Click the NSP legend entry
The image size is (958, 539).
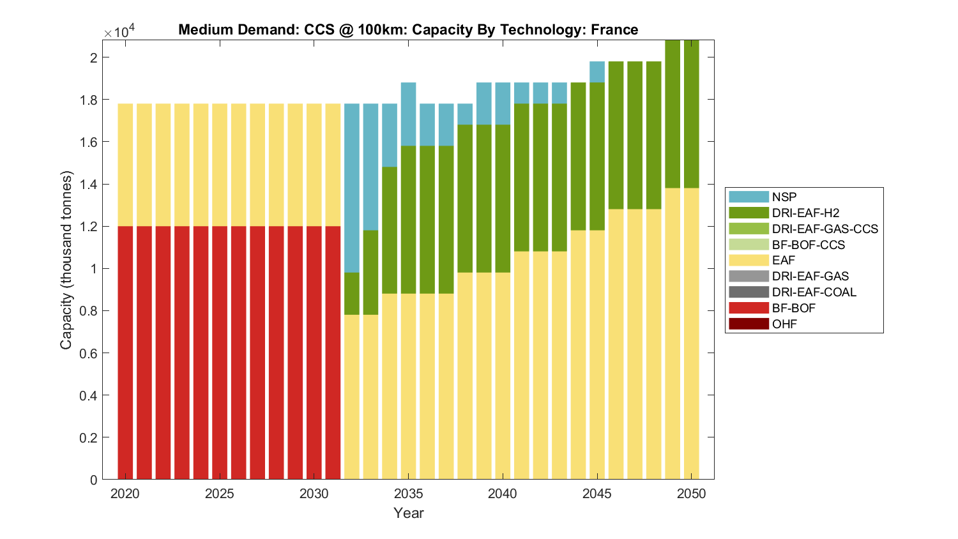pyautogui.click(x=784, y=197)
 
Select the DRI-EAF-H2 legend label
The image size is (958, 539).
pyautogui.click(x=805, y=213)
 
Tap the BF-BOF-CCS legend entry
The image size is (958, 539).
pyautogui.click(x=808, y=245)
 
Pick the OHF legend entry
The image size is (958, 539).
pyautogui.click(x=784, y=324)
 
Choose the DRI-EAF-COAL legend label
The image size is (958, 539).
pyautogui.click(x=814, y=292)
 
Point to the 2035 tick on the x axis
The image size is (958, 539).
pyautogui.click(x=409, y=494)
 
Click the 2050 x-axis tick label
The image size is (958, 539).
pyautogui.click(x=692, y=494)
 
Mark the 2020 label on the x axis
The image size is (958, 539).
pyautogui.click(x=125, y=494)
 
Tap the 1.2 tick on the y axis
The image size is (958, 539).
pyautogui.click(x=89, y=227)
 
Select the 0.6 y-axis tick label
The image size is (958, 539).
pyautogui.click(x=89, y=353)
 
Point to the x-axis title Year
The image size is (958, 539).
pyautogui.click(x=409, y=513)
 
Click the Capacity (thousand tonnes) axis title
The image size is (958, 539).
pyautogui.click(x=66, y=260)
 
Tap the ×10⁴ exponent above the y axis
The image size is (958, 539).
pyautogui.click(x=119, y=31)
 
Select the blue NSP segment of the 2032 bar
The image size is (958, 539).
pyautogui.click(x=352, y=188)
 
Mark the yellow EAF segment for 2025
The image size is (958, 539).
pyautogui.click(x=220, y=165)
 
